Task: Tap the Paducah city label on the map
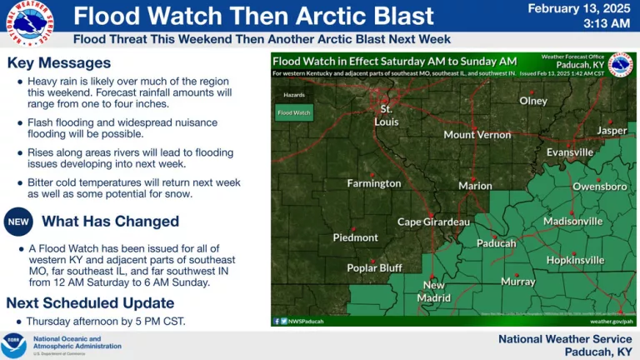(496, 243)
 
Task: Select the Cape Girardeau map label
(433, 222)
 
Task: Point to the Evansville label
(570, 152)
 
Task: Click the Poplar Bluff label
(374, 267)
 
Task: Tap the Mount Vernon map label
(477, 134)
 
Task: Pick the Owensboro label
(600, 187)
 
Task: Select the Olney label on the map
(533, 101)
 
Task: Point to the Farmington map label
(374, 183)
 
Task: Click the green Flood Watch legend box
(293, 112)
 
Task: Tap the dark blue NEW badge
(18, 222)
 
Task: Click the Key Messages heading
(58, 63)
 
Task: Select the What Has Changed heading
(110, 221)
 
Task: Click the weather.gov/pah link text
(612, 320)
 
